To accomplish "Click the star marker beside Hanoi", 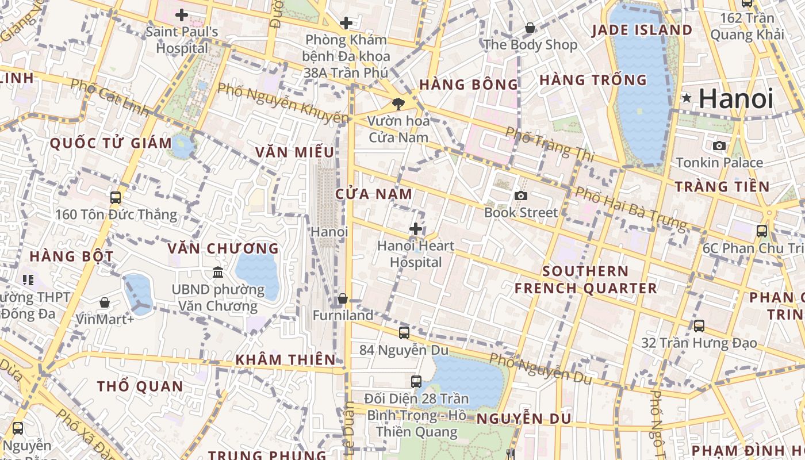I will [686, 98].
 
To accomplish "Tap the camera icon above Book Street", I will [521, 196].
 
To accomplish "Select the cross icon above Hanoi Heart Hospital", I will [416, 229].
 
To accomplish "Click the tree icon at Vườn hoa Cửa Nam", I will [398, 104].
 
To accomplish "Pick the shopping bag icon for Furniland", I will [343, 298].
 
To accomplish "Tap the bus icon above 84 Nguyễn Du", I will [404, 332].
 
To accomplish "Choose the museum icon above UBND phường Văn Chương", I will [218, 272].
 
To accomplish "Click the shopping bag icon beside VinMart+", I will [105, 302].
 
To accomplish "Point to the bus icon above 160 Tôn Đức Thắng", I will [116, 198].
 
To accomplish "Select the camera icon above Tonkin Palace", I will [719, 146].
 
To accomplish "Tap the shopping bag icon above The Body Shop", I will [530, 28].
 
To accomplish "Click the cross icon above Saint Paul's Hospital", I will [182, 15].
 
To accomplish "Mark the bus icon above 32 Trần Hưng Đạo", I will [699, 326].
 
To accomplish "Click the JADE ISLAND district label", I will [642, 30].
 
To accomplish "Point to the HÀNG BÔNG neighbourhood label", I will [469, 85].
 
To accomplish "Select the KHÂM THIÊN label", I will [285, 360].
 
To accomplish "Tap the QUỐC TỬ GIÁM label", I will [111, 143].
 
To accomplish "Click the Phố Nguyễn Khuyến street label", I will [283, 104].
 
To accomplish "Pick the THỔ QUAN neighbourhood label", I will [140, 386].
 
